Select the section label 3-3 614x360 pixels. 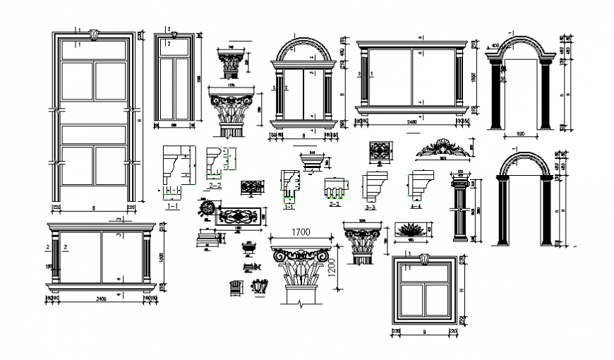pyautogui.click(x=371, y=208)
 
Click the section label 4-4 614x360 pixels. pyautogui.click(x=417, y=207)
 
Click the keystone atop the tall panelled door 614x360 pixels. pyautogui.click(x=95, y=33)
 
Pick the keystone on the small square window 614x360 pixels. pyautogui.click(x=423, y=259)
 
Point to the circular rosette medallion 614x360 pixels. pyautogui.click(x=207, y=210)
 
